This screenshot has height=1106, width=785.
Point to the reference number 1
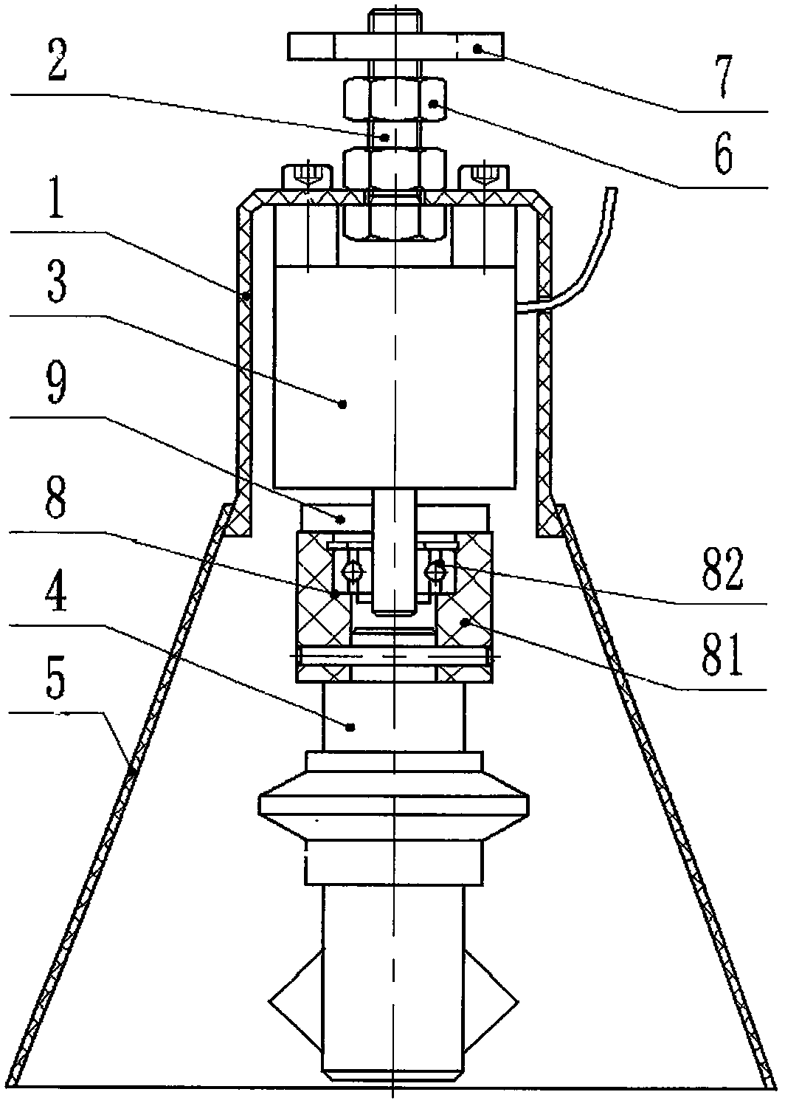pos(58,199)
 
